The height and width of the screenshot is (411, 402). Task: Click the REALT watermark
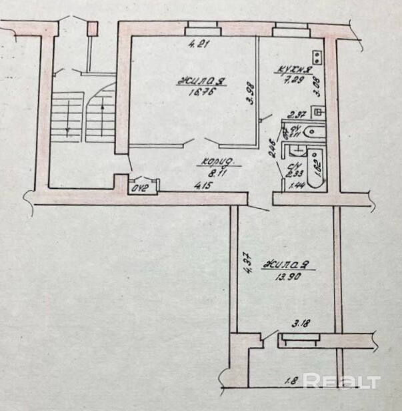point(342,382)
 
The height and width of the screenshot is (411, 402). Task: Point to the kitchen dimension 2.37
point(296,114)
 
